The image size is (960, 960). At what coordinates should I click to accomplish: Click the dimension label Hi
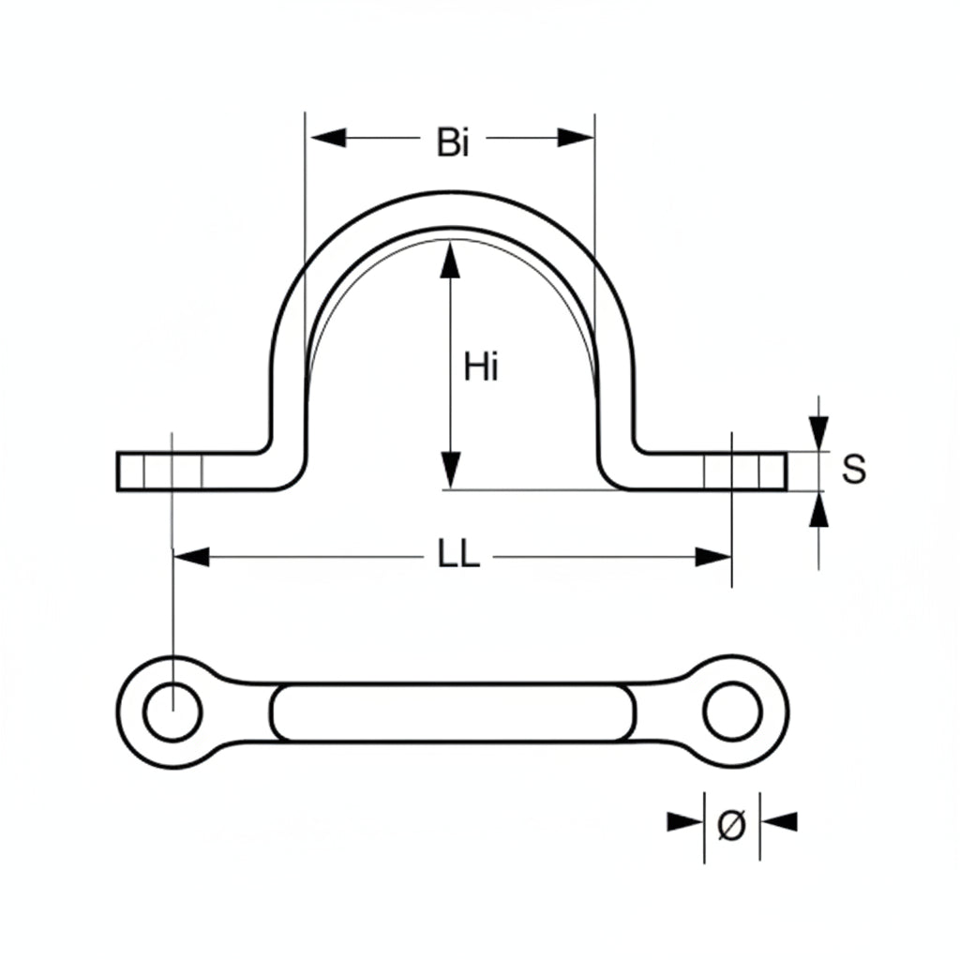click(482, 368)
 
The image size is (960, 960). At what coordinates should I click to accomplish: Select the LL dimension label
click(458, 556)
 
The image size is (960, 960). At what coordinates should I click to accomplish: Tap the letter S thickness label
click(853, 470)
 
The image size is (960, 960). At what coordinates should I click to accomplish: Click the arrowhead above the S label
click(819, 433)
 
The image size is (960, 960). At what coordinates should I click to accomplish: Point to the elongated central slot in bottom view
click(452, 712)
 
